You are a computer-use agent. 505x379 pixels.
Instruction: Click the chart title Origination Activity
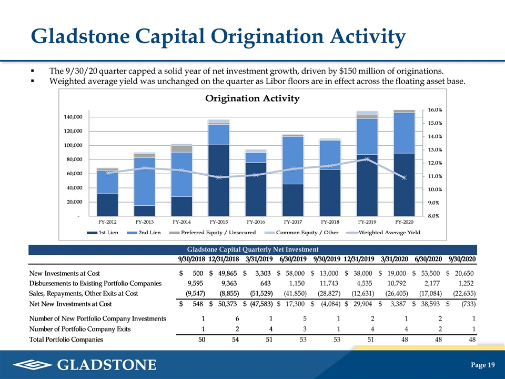(252, 98)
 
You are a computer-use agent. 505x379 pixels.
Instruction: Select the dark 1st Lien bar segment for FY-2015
(219, 180)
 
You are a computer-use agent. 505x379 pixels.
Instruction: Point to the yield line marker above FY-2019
(367, 159)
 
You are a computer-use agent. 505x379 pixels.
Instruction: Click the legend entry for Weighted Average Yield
(383, 232)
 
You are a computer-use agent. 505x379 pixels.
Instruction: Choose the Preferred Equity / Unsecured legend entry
(213, 232)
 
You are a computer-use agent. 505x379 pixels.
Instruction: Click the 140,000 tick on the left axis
(73, 117)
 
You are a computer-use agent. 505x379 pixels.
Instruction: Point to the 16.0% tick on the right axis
(435, 110)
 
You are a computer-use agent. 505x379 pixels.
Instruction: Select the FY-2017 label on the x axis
(293, 222)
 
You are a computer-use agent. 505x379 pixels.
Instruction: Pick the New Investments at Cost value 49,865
(227, 273)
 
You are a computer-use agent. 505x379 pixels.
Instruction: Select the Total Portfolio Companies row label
(66, 340)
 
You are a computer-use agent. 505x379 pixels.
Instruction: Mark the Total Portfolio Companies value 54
(236, 340)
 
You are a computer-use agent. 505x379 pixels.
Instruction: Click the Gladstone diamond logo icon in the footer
(33, 365)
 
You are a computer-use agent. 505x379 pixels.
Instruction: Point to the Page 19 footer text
(483, 365)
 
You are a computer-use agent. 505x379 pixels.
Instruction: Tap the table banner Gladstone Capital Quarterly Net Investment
(253, 250)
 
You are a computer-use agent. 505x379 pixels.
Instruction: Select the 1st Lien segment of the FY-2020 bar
(404, 185)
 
